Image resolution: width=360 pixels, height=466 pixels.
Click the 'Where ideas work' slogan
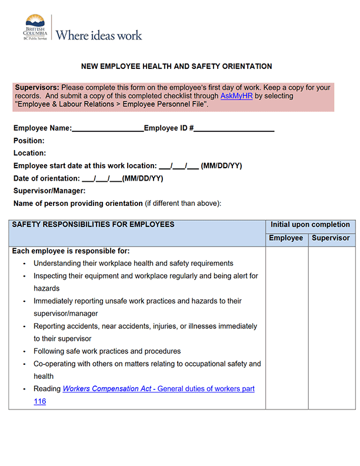click(99, 35)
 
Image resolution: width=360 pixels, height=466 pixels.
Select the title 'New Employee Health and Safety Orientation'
click(176, 66)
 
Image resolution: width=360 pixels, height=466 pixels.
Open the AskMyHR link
click(236, 95)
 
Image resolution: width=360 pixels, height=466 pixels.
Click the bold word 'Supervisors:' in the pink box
click(36, 87)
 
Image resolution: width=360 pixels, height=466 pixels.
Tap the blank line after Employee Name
click(108, 128)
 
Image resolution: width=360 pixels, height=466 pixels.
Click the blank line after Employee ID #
click(235, 128)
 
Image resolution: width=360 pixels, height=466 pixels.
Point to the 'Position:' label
click(29, 141)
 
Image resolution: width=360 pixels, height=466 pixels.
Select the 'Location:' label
click(29, 153)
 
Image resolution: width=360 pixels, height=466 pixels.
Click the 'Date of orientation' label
click(46, 178)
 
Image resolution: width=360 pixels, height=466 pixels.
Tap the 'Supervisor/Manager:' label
click(49, 191)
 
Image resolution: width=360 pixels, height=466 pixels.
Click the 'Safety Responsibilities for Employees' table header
click(93, 225)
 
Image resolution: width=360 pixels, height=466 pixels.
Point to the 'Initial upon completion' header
click(310, 225)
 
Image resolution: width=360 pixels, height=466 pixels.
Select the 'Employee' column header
click(286, 238)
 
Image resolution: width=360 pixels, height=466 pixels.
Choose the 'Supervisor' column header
click(331, 238)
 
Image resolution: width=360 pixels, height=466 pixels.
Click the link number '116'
click(39, 401)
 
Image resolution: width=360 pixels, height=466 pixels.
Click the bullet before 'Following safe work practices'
click(24, 352)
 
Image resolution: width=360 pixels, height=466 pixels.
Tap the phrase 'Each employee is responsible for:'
click(71, 251)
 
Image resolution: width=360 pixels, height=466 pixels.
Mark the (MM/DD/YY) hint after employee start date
click(221, 166)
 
